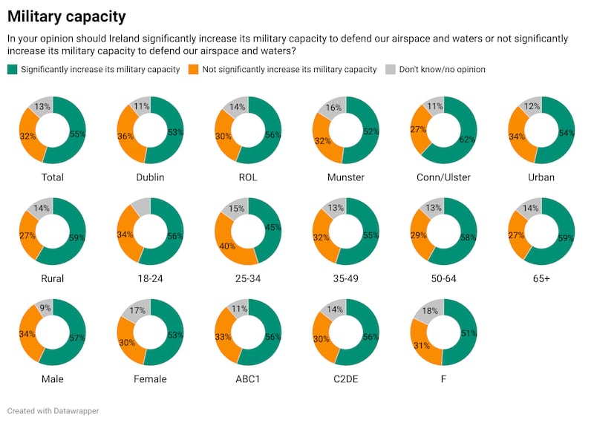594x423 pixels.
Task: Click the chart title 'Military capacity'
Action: pos(66,16)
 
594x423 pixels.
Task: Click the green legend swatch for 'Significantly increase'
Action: pos(12,70)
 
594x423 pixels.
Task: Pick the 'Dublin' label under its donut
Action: pos(151,177)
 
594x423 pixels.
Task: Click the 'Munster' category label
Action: pos(345,177)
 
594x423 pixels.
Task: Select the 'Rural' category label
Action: pos(53,279)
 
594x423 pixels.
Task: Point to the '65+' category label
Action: pos(541,279)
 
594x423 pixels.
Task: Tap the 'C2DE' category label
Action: pos(345,380)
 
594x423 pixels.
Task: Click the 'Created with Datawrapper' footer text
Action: pos(53,410)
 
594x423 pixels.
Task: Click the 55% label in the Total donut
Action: pos(76,134)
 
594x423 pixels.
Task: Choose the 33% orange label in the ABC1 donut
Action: pos(222,336)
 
